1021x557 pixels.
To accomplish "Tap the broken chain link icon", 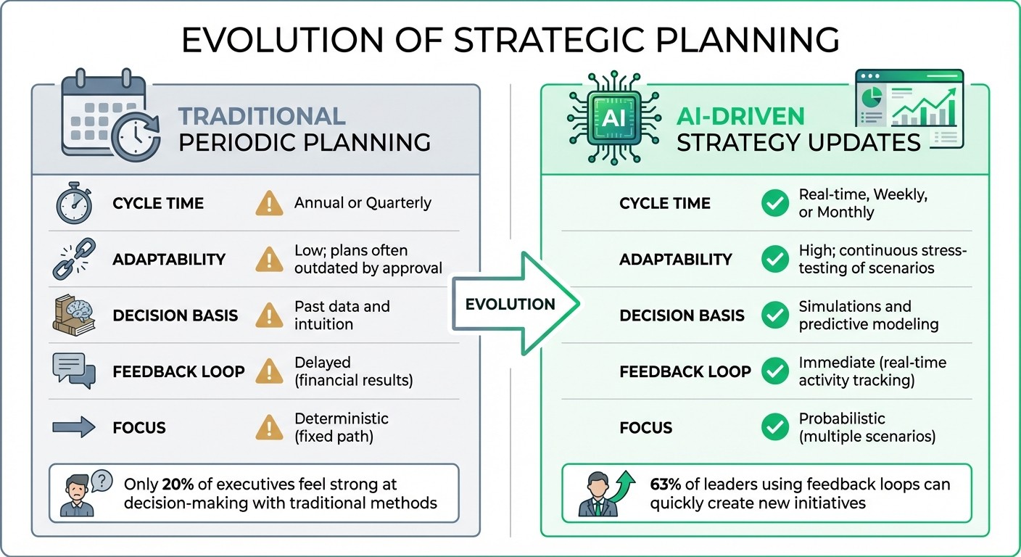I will coord(73,260).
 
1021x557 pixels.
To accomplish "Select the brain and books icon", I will coord(74,315).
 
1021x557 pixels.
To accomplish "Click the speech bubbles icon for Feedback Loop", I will coord(74,371).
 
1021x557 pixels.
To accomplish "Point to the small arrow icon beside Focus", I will coord(74,427).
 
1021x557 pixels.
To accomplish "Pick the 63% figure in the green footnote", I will coord(666,484).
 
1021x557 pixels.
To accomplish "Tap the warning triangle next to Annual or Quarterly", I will coord(269,204).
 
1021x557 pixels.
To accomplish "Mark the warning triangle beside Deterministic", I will coord(269,427).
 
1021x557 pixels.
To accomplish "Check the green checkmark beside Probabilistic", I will coord(775,427).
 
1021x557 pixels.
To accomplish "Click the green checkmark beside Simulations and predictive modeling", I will coord(775,315).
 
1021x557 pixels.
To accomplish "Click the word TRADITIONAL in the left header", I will coord(262,116).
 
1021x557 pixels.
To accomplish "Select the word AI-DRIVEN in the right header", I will coord(741,116).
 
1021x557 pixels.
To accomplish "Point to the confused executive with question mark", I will coord(85,493).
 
